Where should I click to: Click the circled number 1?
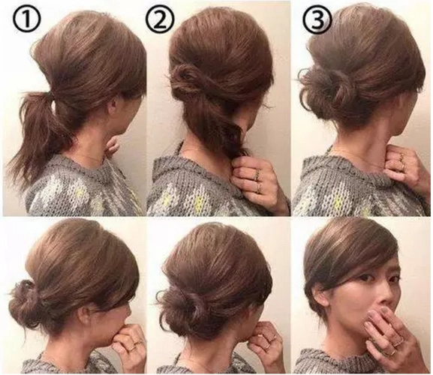click(x=27, y=19)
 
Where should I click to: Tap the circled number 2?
click(x=160, y=19)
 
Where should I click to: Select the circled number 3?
click(x=317, y=19)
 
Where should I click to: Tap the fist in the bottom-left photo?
click(x=130, y=340)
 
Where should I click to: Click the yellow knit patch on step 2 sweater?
click(x=201, y=202)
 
